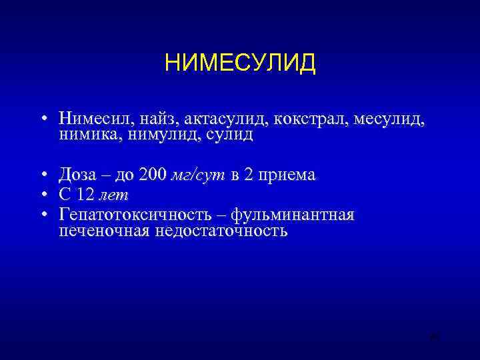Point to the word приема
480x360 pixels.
(281, 176)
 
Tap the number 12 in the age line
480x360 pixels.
(85, 195)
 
